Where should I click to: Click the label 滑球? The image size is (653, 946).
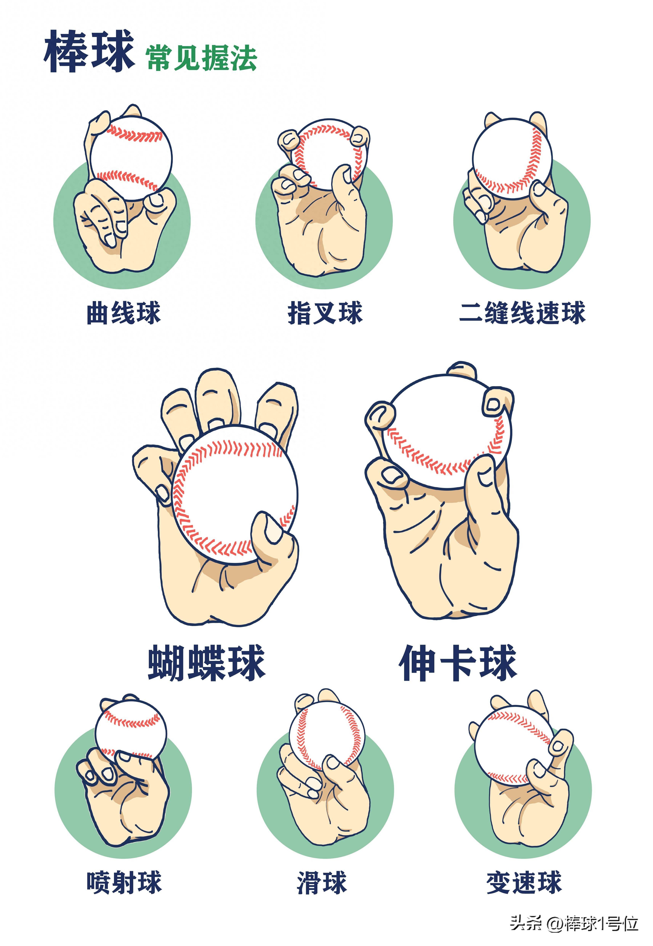click(322, 882)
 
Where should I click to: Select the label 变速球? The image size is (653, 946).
click(524, 882)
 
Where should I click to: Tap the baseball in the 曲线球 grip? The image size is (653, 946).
click(131, 158)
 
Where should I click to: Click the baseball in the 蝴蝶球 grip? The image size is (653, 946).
click(233, 491)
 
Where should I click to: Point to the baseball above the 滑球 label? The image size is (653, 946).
click(325, 735)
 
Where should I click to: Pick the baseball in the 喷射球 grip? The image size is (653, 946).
click(131, 729)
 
